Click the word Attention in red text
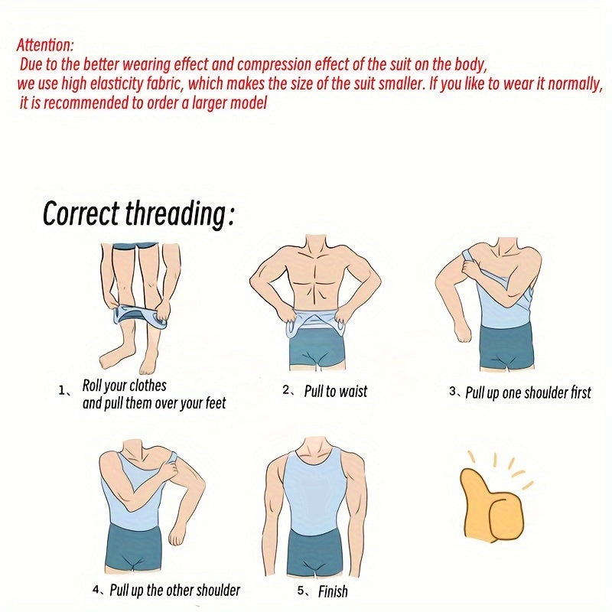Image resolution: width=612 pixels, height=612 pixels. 45,46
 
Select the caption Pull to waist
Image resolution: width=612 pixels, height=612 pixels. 335,392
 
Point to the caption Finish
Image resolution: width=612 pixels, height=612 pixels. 333,591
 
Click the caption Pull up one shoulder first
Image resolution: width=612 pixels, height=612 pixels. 528,392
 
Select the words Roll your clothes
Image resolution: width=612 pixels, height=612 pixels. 124,386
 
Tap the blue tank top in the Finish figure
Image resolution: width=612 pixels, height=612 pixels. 314,490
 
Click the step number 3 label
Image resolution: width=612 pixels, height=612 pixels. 454,392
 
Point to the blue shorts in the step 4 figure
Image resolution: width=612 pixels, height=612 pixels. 134,547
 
